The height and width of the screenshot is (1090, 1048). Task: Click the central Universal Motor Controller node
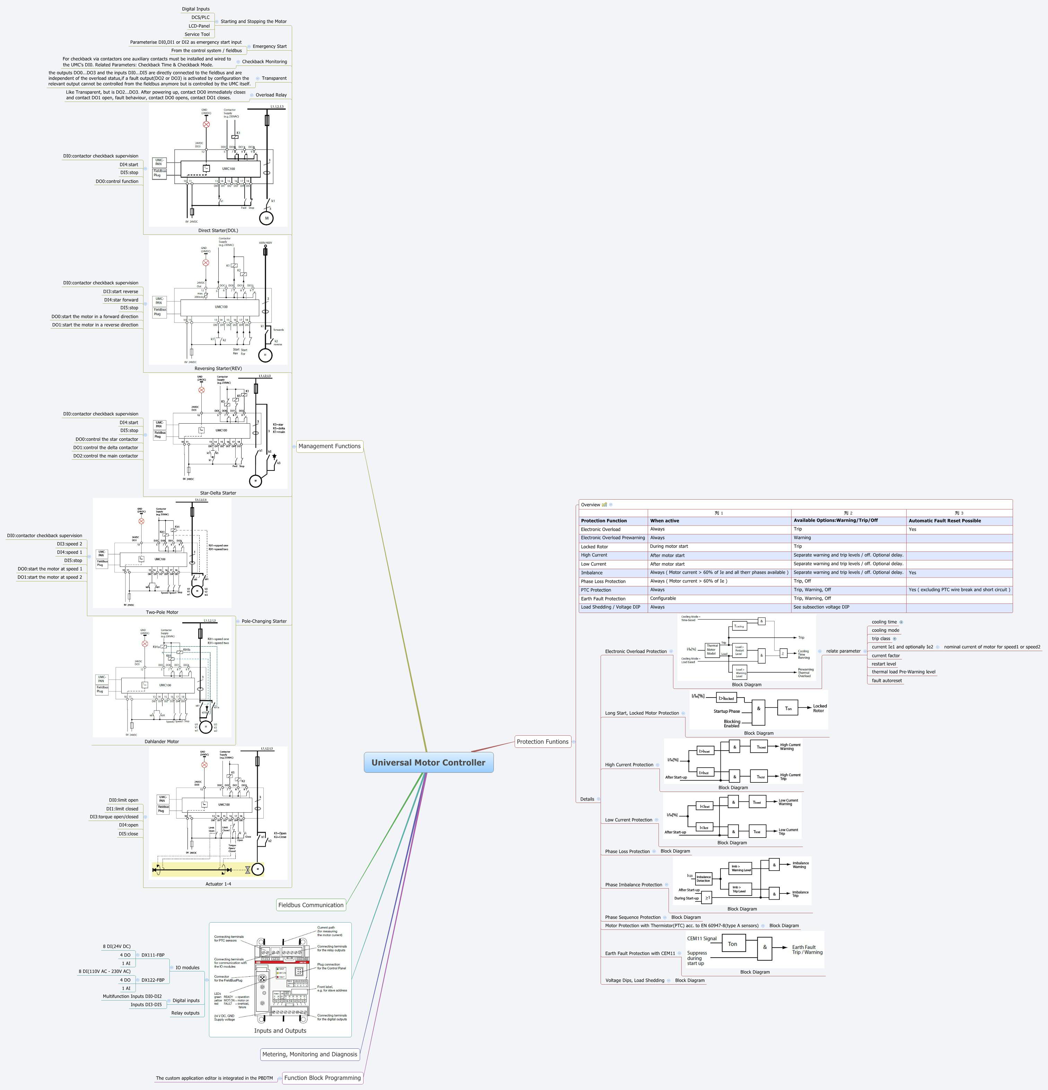[428, 762]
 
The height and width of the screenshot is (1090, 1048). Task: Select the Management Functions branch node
[329, 446]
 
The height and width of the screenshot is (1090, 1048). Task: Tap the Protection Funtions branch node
[542, 741]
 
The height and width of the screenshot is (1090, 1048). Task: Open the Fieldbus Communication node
[311, 905]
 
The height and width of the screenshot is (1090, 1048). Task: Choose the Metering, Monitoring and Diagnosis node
[310, 1054]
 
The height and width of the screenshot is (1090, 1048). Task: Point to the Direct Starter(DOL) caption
[218, 230]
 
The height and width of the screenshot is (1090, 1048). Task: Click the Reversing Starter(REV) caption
[218, 368]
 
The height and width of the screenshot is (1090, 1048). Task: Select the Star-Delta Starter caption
[218, 493]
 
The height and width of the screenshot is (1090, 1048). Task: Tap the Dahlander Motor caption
[162, 741]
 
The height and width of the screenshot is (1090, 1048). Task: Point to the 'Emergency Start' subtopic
[270, 46]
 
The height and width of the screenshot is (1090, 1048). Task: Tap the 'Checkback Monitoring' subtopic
[265, 62]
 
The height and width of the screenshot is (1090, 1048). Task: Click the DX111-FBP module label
[153, 955]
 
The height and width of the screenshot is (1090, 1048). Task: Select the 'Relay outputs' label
[185, 1013]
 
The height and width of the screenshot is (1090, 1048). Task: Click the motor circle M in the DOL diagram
[266, 218]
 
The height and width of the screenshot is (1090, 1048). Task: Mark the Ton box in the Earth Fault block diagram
[732, 944]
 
